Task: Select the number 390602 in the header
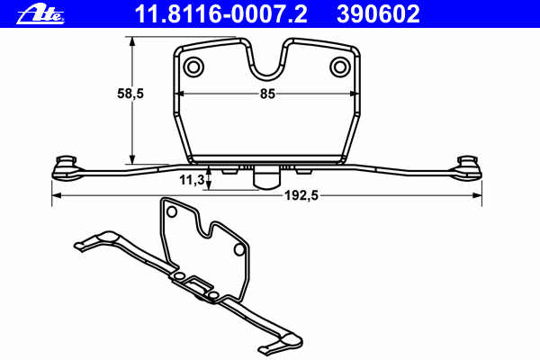point(377,13)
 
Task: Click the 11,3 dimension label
point(191,180)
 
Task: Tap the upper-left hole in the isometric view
point(168,212)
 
